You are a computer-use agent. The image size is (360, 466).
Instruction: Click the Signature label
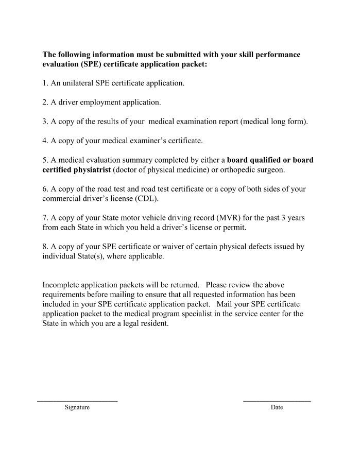pyautogui.click(x=77, y=407)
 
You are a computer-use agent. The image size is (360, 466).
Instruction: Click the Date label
pyautogui.click(x=277, y=407)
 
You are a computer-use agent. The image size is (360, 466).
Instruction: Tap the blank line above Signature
pyautogui.click(x=77, y=401)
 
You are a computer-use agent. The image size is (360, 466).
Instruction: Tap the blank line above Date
pyautogui.click(x=277, y=401)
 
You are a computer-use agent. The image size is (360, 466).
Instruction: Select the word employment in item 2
pyautogui.click(x=100, y=102)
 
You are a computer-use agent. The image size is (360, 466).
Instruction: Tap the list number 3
pyautogui.click(x=45, y=122)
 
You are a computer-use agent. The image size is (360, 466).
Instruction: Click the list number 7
pyautogui.click(x=45, y=218)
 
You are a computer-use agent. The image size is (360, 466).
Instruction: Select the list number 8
pyautogui.click(x=45, y=247)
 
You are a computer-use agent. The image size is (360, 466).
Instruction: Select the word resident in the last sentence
pyautogui.click(x=153, y=324)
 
